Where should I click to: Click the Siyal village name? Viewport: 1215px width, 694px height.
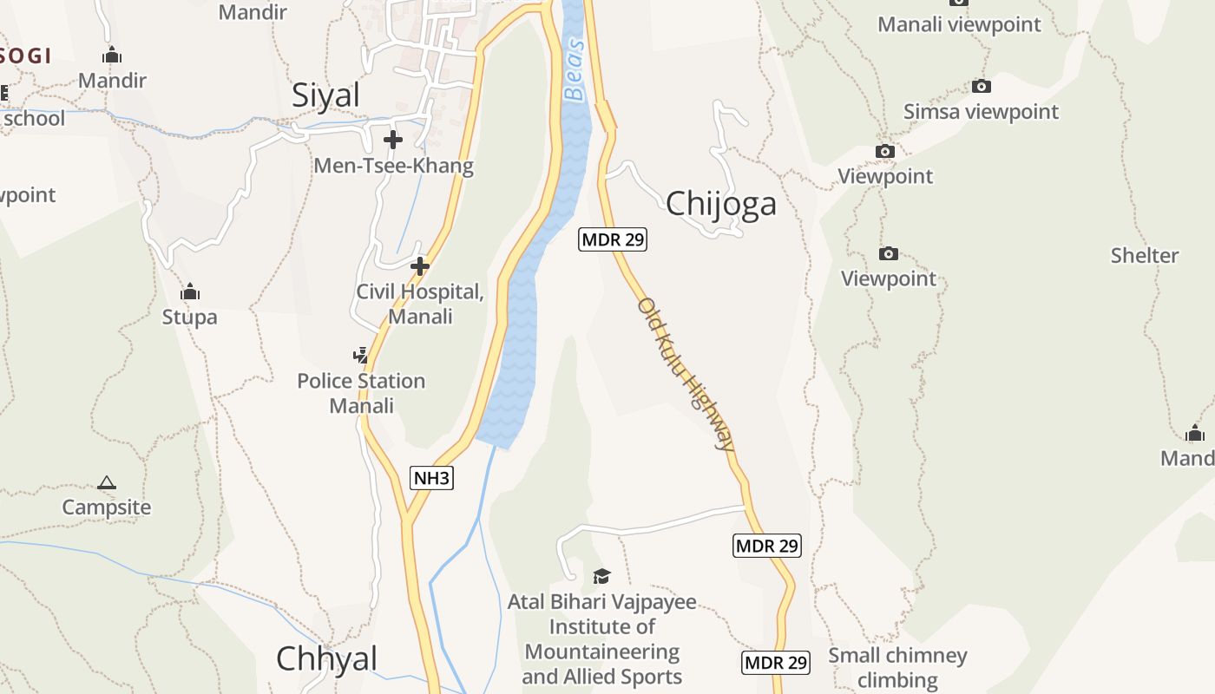coord(325,95)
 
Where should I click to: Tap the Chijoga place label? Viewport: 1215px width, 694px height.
coord(720,204)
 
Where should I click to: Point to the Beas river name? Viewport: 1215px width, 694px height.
coord(574,70)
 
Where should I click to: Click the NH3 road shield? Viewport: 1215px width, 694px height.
coord(431,478)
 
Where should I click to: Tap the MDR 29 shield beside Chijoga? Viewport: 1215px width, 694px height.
coord(613,239)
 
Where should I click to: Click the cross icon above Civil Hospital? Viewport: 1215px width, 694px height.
coord(420,265)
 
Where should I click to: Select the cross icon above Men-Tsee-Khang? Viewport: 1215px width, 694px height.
coord(393,139)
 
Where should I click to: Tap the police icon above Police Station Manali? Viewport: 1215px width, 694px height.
coord(360,355)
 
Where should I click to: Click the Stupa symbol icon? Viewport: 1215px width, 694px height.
coord(190,292)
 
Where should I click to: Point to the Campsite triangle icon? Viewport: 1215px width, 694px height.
coord(107,482)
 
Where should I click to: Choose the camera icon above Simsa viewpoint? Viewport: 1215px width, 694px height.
coord(982,86)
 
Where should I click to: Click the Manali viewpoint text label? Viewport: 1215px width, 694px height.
coord(959,24)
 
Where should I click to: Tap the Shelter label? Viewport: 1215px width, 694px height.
coord(1145,256)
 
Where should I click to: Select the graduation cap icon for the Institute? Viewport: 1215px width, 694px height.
coord(601,576)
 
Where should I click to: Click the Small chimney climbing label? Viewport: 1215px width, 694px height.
coord(897,667)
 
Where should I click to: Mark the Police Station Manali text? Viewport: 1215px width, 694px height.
coord(361,393)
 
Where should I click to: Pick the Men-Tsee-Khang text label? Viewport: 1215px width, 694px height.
coord(394,166)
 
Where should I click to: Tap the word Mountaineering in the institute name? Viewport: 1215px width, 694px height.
coord(602,651)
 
